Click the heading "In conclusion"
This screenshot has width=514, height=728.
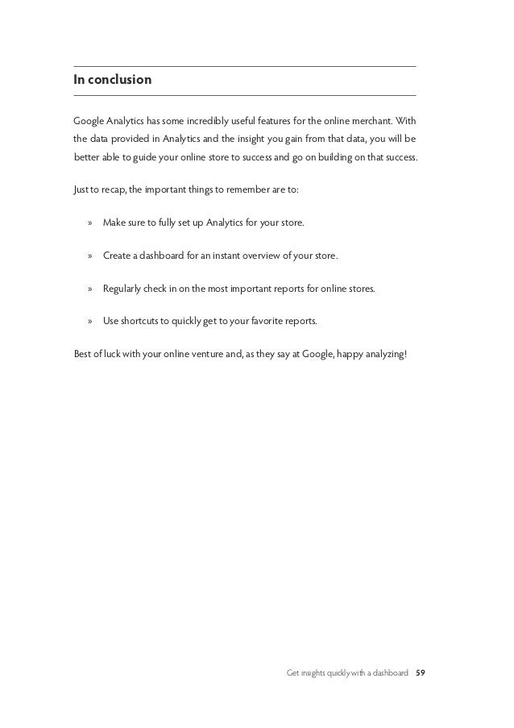click(112, 81)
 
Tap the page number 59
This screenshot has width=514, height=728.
click(420, 672)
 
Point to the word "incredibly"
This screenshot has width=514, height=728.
click(212, 121)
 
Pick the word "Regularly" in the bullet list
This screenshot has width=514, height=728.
click(123, 287)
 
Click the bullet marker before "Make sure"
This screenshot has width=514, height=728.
click(89, 222)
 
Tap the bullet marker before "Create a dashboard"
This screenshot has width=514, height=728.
click(89, 255)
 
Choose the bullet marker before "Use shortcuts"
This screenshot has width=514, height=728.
click(89, 320)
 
